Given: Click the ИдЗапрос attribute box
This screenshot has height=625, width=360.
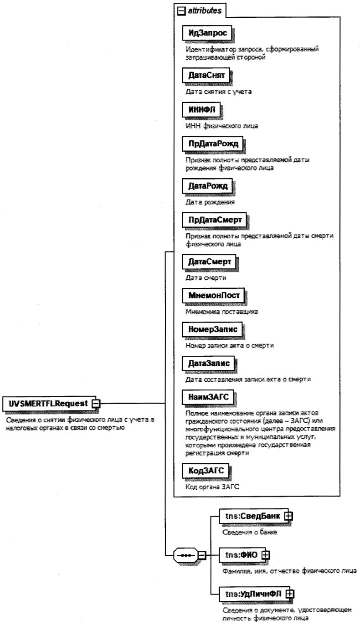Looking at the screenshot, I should click(x=208, y=34).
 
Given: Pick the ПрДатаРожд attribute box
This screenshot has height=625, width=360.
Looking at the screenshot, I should click(x=212, y=145).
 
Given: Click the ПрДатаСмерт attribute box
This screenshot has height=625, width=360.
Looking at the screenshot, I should click(x=215, y=220).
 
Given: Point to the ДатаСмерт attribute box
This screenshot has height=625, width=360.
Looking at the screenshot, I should click(x=209, y=261).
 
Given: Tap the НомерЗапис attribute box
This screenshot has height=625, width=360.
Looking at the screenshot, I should click(x=211, y=328).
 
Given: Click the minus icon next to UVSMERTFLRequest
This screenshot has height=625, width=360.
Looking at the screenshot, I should click(x=96, y=403).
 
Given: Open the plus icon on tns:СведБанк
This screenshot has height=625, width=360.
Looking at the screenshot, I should click(x=288, y=515).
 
